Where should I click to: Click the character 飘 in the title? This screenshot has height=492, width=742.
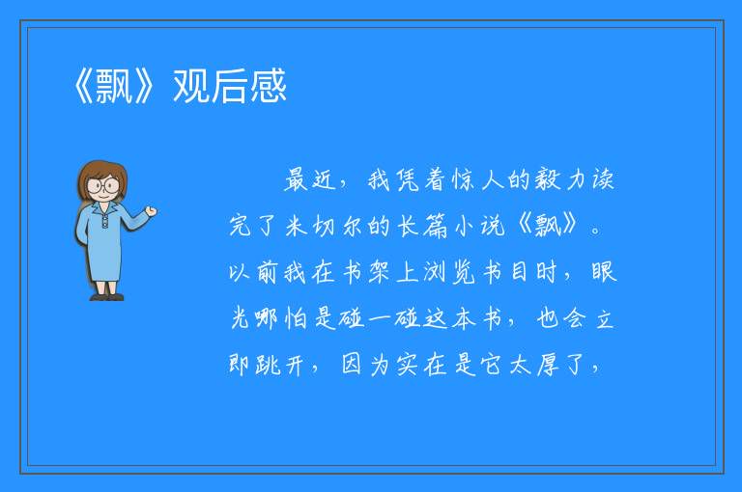(114, 86)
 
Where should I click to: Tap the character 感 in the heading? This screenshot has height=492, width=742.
(269, 86)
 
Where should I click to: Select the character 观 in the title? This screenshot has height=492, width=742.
(191, 86)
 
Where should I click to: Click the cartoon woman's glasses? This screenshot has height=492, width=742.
(102, 185)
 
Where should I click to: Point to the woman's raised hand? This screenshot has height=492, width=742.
(151, 211)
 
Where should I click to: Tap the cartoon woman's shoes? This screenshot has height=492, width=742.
(107, 297)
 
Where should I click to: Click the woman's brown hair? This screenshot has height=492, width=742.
(101, 175)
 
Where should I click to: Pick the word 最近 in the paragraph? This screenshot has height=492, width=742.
(310, 180)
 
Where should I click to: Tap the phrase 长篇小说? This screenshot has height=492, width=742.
(450, 226)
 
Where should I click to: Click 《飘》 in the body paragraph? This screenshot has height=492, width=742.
(548, 226)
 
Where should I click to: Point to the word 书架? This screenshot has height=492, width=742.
(365, 272)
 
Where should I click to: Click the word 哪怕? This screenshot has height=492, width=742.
(281, 318)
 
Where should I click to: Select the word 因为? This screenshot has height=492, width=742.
(366, 365)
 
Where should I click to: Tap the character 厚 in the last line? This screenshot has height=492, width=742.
(549, 365)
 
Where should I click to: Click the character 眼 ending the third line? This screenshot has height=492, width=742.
(604, 272)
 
